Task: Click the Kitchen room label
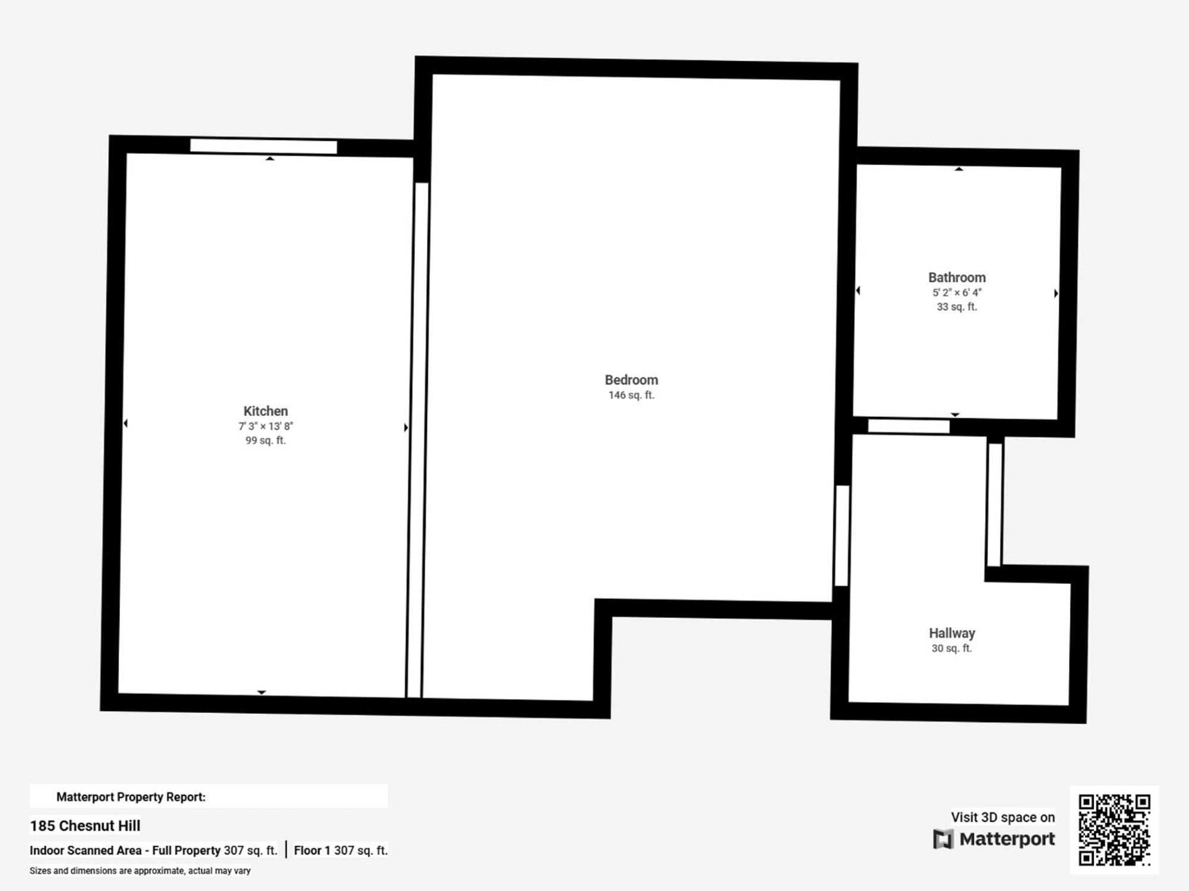click(265, 411)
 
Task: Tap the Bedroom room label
click(631, 380)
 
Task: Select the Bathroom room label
click(957, 277)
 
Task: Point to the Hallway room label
click(952, 633)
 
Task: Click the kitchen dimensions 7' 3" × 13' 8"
click(265, 426)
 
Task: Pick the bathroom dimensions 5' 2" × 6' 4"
click(957, 293)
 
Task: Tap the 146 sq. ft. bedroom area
click(631, 396)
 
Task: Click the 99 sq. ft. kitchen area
click(265, 441)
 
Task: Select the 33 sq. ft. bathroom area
click(957, 307)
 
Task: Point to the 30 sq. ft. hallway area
click(951, 649)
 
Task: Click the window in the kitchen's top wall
click(263, 146)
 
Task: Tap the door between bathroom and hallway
click(908, 426)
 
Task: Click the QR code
click(1114, 830)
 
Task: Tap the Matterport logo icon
click(943, 839)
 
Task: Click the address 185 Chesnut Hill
click(85, 826)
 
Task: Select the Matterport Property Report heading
click(131, 797)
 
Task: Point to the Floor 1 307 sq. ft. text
click(341, 851)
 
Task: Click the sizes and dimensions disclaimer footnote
click(140, 871)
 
